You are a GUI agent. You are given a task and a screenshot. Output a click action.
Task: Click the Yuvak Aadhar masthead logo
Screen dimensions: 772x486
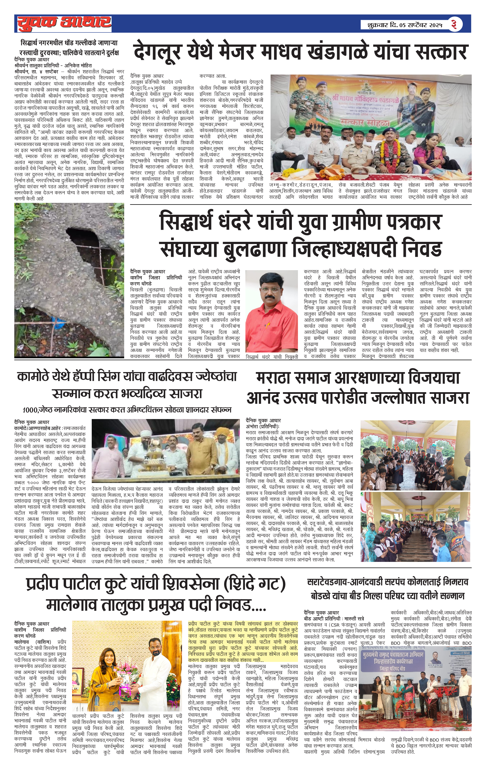(64, 23)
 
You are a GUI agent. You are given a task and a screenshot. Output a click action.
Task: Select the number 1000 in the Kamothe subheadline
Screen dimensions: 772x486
(30, 410)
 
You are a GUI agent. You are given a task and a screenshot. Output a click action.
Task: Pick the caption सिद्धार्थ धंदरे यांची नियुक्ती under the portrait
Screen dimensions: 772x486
(272, 357)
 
